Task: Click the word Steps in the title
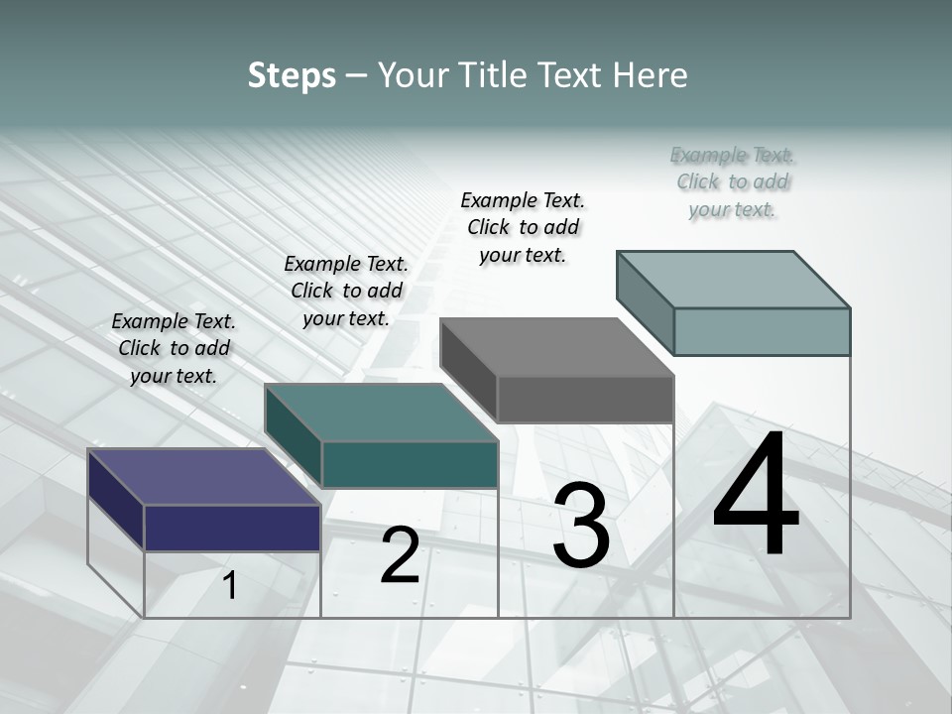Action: coord(292,75)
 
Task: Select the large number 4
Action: coord(756,496)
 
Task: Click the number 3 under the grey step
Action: coord(581,526)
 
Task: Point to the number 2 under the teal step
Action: coord(400,556)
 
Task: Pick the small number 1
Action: coord(229,586)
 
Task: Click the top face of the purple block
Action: coord(203,477)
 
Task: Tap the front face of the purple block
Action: coord(232,528)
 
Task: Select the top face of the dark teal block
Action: coord(381,413)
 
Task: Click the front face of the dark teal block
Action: coord(410,464)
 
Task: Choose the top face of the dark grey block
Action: coord(557,347)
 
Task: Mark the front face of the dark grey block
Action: coord(585,399)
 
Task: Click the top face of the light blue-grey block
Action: coord(733,279)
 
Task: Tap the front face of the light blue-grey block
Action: coord(762,331)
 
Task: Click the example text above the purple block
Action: coord(174,348)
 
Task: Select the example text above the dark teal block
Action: coord(346,291)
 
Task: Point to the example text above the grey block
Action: coord(523,227)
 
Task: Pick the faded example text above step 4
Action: coord(733,181)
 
